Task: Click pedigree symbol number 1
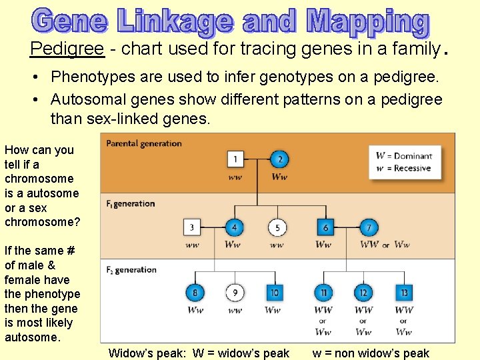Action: (235, 159)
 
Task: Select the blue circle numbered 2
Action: (280, 159)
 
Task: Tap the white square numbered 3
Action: (192, 227)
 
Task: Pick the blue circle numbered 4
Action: (233, 227)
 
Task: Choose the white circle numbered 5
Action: (277, 227)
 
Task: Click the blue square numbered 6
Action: (325, 227)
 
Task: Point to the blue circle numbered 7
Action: (368, 227)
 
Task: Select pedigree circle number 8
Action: (195, 292)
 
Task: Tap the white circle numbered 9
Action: (234, 292)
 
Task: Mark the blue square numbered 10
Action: (273, 292)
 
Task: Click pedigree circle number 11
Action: (323, 292)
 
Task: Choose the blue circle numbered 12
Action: (363, 292)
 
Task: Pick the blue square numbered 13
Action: (403, 292)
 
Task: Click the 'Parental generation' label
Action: (144, 143)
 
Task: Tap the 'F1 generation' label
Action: (131, 203)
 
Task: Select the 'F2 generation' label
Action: (131, 270)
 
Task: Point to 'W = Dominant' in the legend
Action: (403, 156)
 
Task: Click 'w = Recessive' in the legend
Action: (403, 168)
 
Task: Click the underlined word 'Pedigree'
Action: (67, 48)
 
